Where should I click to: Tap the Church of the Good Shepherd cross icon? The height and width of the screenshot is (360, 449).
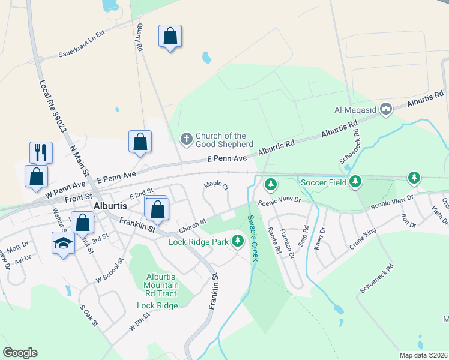[187, 139]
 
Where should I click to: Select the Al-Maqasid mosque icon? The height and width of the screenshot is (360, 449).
[385, 109]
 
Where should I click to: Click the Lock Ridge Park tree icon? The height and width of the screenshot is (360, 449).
[238, 241]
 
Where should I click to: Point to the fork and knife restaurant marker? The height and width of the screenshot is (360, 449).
[41, 152]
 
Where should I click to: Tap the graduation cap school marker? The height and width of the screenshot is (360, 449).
[63, 244]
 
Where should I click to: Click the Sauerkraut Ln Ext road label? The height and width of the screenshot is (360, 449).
[82, 44]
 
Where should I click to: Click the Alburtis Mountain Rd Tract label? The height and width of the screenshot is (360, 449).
[161, 285]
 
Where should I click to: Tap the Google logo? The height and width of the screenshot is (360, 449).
[20, 353]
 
